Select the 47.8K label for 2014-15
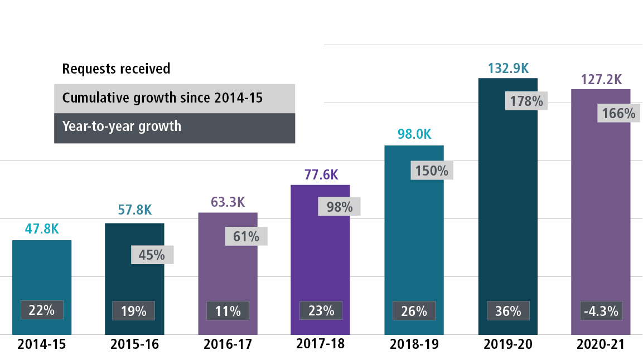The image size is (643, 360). coord(42,230)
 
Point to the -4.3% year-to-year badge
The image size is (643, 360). coord(601,311)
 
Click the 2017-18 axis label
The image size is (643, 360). coord(321,344)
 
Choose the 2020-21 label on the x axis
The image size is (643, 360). coord(601,344)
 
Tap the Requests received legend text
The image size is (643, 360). coord(116,69)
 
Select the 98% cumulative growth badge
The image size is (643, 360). coord(339,207)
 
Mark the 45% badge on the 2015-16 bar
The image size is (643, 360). coord(152,255)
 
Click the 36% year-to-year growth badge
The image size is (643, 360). coord(507,311)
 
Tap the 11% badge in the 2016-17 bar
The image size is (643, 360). coord(228,311)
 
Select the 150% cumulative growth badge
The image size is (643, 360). coord(432,170)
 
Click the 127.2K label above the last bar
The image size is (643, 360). coord(601,80)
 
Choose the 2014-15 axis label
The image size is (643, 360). coord(42,344)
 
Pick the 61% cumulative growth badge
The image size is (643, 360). coord(246,236)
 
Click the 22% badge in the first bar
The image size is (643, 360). coord(42,310)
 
